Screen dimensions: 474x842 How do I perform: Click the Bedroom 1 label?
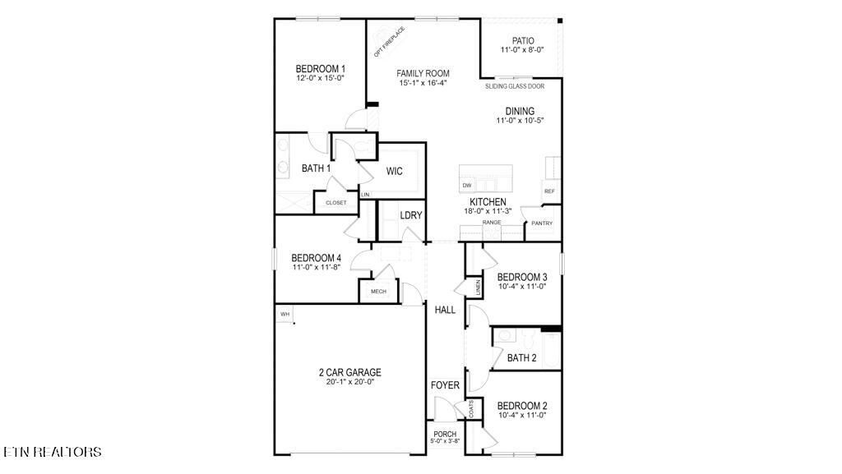[x=320, y=69]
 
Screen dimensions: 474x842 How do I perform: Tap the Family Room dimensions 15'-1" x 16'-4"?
[x=423, y=83]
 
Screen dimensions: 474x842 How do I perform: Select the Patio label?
[x=523, y=40]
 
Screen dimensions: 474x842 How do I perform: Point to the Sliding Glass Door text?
[x=514, y=85]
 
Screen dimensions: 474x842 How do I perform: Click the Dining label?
[x=520, y=111]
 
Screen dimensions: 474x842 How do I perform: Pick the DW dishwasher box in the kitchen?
[x=467, y=186]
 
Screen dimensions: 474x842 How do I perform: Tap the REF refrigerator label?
[x=548, y=191]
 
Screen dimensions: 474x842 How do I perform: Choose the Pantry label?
[x=541, y=223]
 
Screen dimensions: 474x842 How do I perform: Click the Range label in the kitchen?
[x=492, y=222]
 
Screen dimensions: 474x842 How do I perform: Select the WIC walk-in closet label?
[x=394, y=171]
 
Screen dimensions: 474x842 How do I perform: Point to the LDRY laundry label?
[x=410, y=215]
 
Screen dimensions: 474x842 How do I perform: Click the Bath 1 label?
[x=316, y=168]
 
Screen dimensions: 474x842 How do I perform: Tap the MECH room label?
[x=378, y=292]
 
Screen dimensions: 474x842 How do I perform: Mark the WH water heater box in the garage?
[x=285, y=314]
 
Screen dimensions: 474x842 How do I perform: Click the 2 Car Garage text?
[x=349, y=372]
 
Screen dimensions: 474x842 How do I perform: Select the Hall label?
[x=445, y=310]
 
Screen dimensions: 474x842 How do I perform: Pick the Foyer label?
[x=445, y=385]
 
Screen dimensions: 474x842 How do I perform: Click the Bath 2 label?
[x=521, y=357]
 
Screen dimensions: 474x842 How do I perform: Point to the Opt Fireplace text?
[x=389, y=43]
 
